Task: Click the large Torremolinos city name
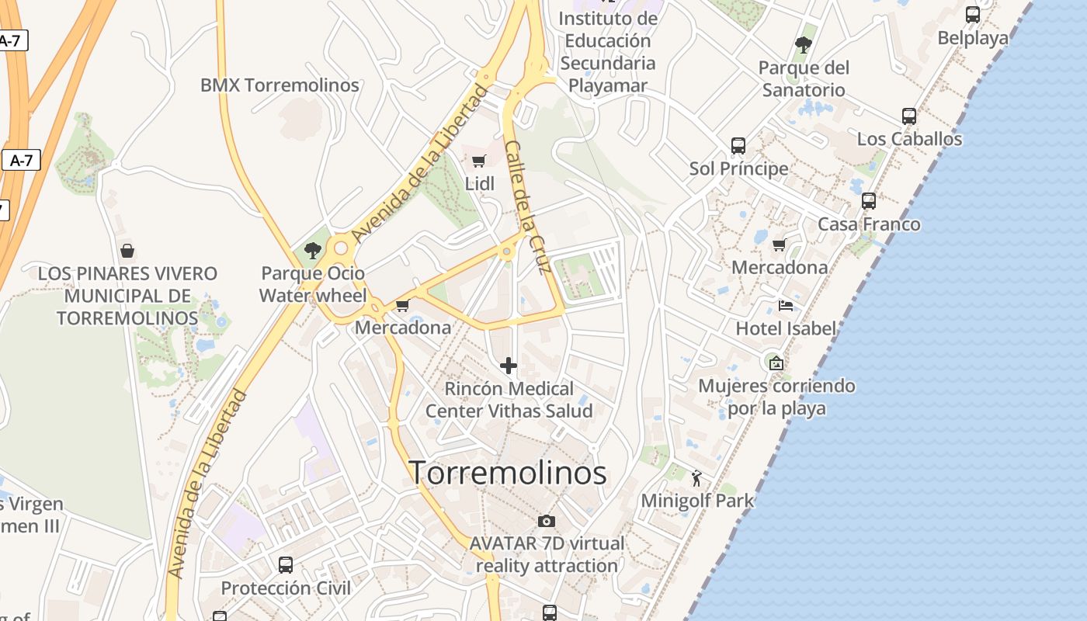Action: coord(508,473)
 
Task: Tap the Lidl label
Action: coord(479,184)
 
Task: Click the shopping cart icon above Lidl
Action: coord(479,161)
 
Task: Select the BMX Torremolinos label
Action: coord(280,85)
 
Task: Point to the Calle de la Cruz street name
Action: coord(527,206)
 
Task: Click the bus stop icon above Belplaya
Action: coord(973,14)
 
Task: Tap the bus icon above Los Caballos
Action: coord(909,116)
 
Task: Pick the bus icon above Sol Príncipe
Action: coord(738,145)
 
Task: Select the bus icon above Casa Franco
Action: coord(869,201)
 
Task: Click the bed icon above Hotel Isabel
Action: coord(786,306)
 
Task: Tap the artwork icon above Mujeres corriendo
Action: coord(775,363)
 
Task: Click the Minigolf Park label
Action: coord(697,501)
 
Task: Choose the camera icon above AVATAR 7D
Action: coord(547,521)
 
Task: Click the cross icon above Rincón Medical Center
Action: coord(509,366)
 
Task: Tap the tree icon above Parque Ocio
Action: coord(313,250)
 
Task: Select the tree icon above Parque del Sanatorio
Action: coord(804,44)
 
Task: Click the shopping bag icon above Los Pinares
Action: coord(127,251)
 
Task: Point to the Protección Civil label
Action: coord(286,588)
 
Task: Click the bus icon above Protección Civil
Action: coord(286,564)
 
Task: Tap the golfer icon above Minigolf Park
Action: coord(696,477)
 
